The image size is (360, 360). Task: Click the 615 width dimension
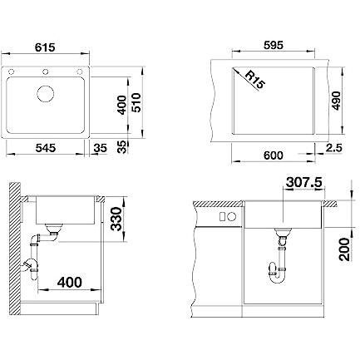(45, 47)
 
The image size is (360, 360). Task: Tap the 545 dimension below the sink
(46, 148)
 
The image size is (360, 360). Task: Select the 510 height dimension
(136, 102)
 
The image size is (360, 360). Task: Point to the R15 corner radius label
(255, 80)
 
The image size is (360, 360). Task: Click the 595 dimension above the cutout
(273, 45)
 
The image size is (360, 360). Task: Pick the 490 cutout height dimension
(336, 101)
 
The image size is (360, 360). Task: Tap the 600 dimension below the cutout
(273, 155)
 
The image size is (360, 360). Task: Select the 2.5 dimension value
(334, 148)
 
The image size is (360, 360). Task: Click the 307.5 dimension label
(304, 183)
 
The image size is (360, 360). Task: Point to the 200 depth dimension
(344, 249)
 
